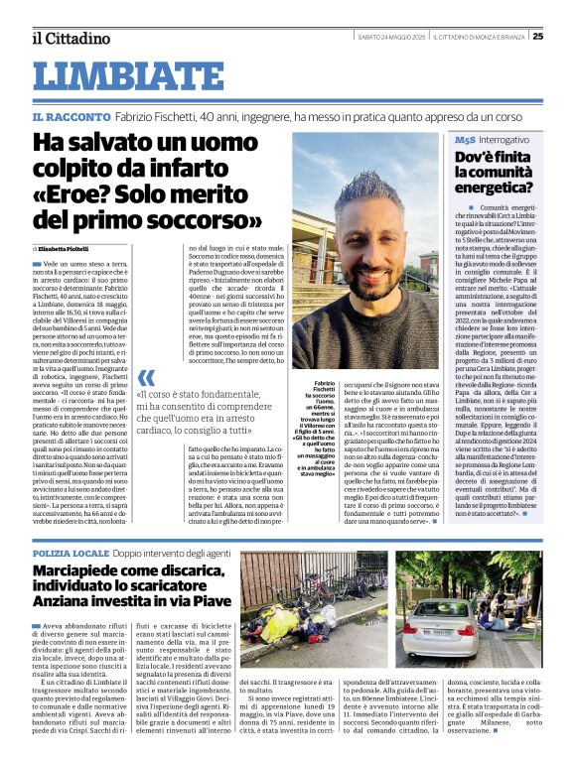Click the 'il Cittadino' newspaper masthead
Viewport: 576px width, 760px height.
click(x=71, y=38)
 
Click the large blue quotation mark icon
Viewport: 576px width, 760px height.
click(x=146, y=378)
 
